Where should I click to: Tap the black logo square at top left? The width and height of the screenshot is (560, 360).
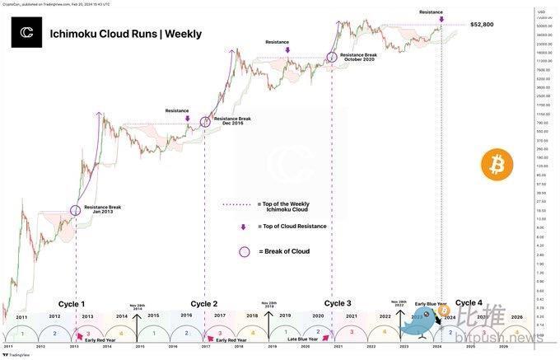click(27, 33)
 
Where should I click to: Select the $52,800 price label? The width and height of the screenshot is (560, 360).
click(482, 25)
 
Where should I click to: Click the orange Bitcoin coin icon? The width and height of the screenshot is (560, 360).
click(497, 166)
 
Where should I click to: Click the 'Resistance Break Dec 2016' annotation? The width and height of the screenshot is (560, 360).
click(232, 120)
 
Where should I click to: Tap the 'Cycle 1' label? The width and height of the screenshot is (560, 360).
click(71, 303)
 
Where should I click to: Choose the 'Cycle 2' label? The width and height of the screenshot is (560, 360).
click(204, 303)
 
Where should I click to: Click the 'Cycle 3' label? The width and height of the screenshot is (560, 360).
click(338, 303)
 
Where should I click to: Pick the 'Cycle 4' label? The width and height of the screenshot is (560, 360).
click(469, 303)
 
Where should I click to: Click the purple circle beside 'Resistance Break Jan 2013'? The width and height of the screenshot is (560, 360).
click(76, 210)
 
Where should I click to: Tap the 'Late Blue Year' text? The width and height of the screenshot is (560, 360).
click(304, 339)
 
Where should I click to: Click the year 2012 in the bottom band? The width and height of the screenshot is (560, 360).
click(54, 316)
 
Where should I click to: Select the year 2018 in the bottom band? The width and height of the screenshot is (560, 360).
click(252, 316)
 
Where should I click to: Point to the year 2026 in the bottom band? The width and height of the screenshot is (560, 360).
click(516, 316)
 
